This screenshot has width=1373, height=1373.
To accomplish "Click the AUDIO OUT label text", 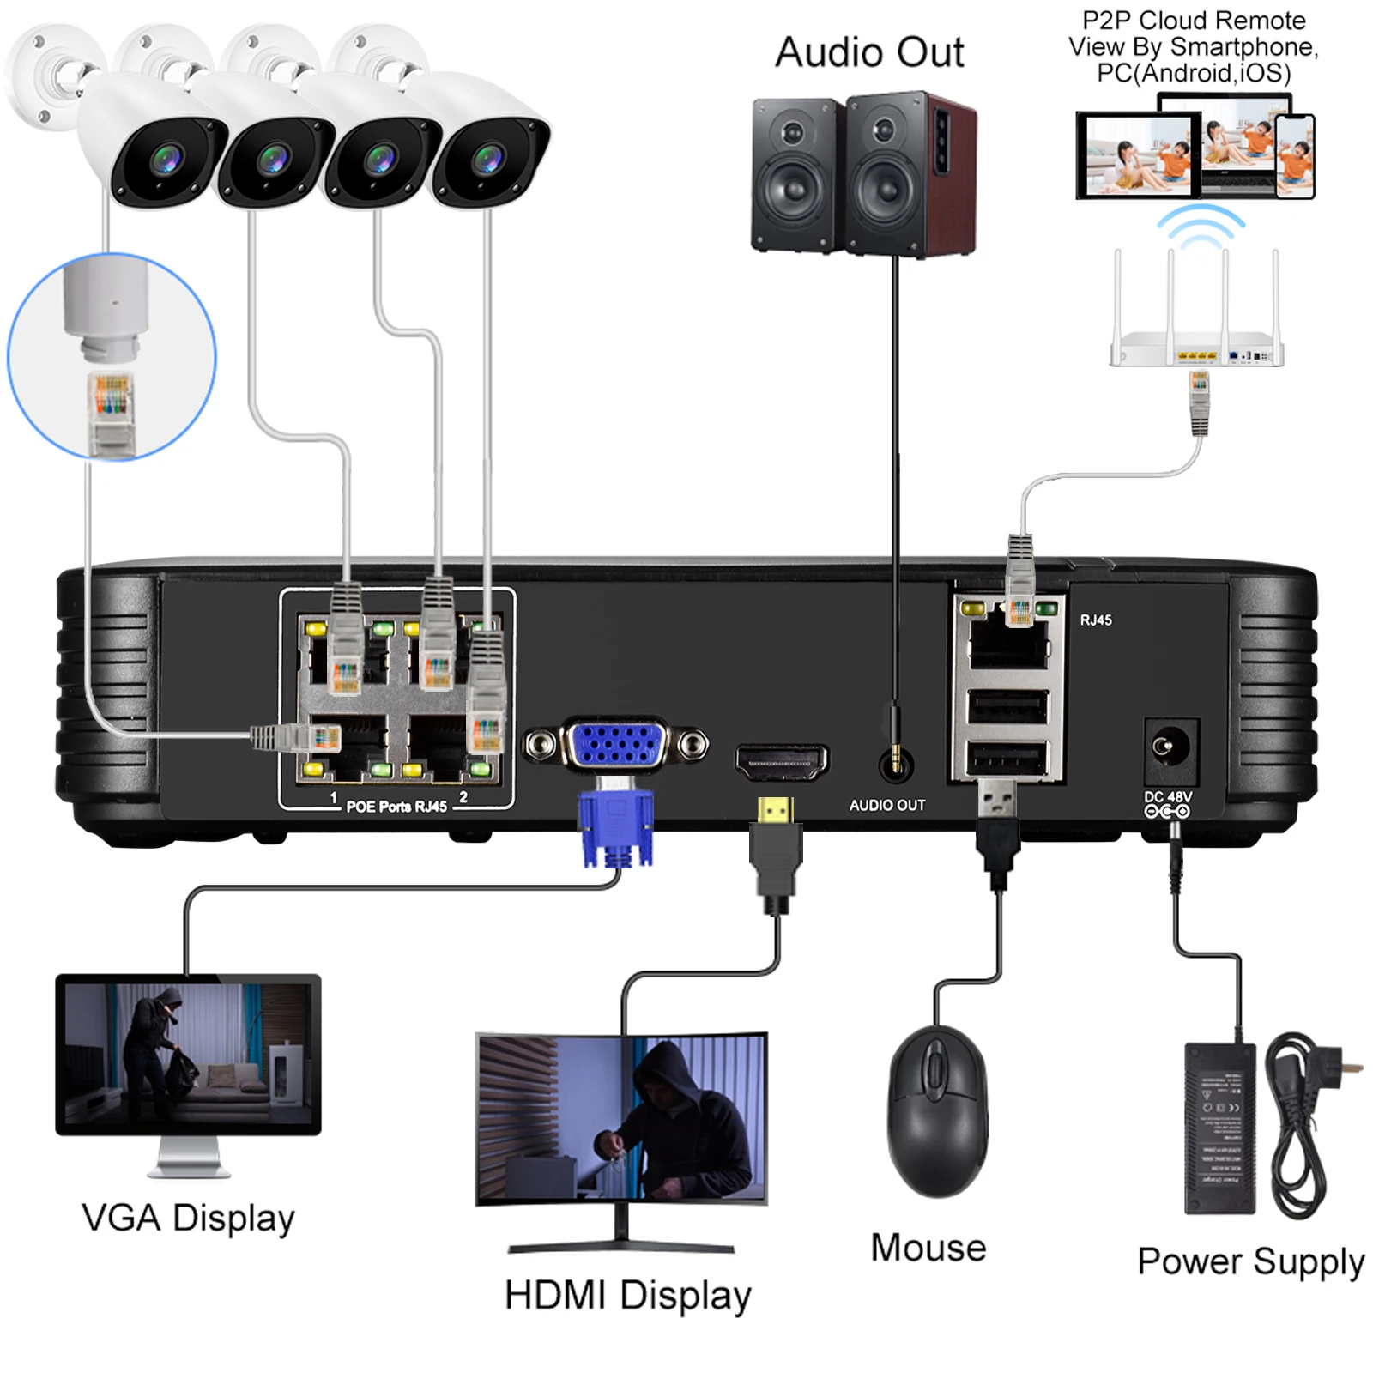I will (886, 805).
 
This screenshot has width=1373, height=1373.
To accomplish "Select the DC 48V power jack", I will (1170, 747).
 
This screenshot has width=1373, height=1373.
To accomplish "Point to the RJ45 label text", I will (1096, 620).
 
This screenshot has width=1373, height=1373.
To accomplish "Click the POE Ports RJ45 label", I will (396, 807).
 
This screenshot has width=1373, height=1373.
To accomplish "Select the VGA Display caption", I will (188, 1218).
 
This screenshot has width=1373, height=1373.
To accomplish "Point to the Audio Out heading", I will (868, 52).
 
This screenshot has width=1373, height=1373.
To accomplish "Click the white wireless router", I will (1196, 352).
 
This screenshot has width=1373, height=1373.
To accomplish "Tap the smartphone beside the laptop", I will (1294, 156).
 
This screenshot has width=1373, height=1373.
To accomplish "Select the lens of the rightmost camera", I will (487, 159).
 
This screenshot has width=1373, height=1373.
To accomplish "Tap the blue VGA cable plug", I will (615, 828).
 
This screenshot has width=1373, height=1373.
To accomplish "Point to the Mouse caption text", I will (928, 1248).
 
